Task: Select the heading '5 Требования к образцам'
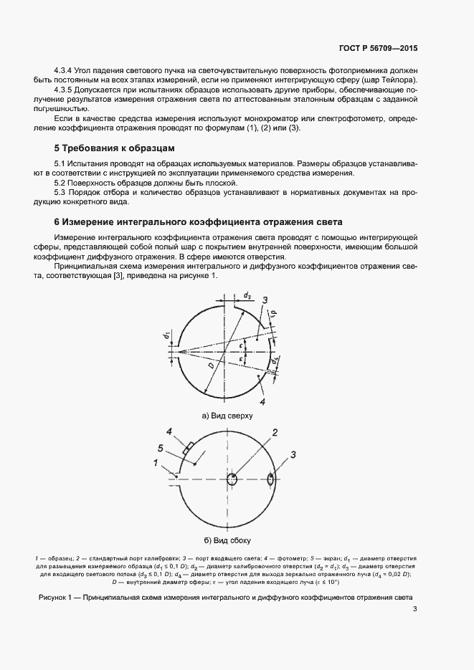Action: (114, 148)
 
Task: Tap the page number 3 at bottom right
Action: (415, 610)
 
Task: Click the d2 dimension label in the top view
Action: (246, 295)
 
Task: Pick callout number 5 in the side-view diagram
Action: (161, 448)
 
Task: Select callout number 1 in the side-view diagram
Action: (156, 463)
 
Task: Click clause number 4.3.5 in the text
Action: (67, 91)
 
